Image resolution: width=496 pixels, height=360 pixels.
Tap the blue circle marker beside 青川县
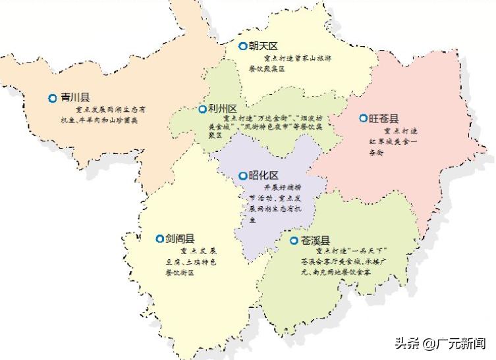click(x=53, y=98)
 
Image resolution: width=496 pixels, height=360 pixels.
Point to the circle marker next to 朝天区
click(x=242, y=46)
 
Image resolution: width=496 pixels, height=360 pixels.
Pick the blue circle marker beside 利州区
click(x=202, y=109)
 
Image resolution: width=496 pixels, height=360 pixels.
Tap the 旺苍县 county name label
click(x=384, y=118)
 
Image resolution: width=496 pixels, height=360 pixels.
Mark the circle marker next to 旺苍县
click(x=363, y=118)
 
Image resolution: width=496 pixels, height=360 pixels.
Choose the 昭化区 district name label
click(x=263, y=176)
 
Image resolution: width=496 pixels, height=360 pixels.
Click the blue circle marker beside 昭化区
click(x=242, y=176)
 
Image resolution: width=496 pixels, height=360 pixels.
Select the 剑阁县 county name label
click(x=179, y=239)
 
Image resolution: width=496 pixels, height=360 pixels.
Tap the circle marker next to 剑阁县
click(x=159, y=239)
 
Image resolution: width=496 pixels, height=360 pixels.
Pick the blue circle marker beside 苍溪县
click(x=294, y=240)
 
